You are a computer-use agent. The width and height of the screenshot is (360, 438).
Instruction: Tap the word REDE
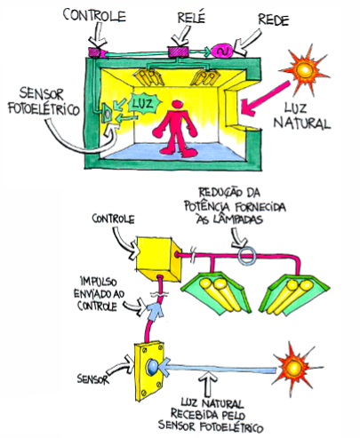point(273,20)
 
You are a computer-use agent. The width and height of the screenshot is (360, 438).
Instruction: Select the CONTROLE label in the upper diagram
point(94,15)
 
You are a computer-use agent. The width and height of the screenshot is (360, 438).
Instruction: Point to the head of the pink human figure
point(178,105)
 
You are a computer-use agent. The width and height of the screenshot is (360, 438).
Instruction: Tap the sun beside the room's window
point(304,70)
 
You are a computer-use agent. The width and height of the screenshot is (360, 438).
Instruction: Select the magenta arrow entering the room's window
point(265,97)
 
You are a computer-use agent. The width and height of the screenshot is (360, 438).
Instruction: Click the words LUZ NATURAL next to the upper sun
point(301,115)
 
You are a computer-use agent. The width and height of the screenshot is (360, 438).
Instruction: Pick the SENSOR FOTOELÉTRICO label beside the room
point(44,101)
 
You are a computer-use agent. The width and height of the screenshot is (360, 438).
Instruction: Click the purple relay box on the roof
point(178,52)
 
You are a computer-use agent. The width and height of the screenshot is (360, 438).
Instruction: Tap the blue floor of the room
point(175,152)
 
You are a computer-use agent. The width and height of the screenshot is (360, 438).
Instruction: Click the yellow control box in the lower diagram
point(158,259)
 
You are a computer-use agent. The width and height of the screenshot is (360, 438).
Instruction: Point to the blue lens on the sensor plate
point(152,367)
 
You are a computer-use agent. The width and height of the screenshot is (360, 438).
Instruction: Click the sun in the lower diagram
point(294,369)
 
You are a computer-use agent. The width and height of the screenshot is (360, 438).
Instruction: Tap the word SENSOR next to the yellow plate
point(93,379)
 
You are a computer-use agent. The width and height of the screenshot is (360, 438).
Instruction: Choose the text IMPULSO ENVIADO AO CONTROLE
point(99,294)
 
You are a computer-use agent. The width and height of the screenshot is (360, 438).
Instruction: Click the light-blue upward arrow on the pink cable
point(155,310)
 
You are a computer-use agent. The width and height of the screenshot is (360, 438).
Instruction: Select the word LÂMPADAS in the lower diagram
point(230,219)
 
